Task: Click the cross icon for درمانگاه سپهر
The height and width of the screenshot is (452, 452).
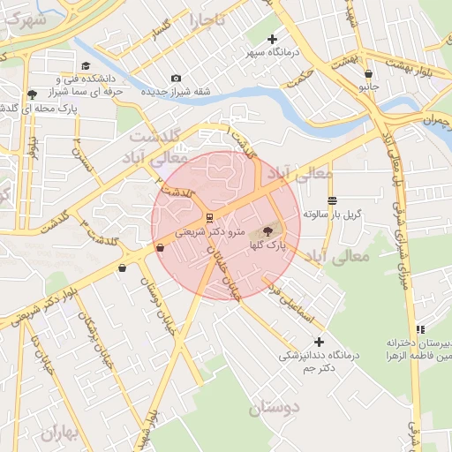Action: click(272, 39)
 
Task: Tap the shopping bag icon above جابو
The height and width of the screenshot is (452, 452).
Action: click(367, 74)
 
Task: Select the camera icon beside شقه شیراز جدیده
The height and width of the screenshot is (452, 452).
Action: click(176, 79)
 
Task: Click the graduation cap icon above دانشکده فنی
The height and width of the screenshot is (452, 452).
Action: click(86, 66)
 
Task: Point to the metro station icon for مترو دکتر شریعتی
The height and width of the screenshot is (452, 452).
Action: click(208, 217)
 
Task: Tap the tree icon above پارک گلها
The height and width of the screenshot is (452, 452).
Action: click(267, 232)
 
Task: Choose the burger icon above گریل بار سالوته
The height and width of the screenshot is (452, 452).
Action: click(331, 200)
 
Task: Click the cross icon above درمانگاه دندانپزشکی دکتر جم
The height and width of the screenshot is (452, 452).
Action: click(319, 342)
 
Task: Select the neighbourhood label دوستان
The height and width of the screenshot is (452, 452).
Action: click(275, 408)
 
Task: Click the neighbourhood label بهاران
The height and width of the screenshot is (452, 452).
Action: click(59, 433)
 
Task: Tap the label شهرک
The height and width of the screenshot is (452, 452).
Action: click(24, 19)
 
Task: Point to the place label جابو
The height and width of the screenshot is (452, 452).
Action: click(368, 88)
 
